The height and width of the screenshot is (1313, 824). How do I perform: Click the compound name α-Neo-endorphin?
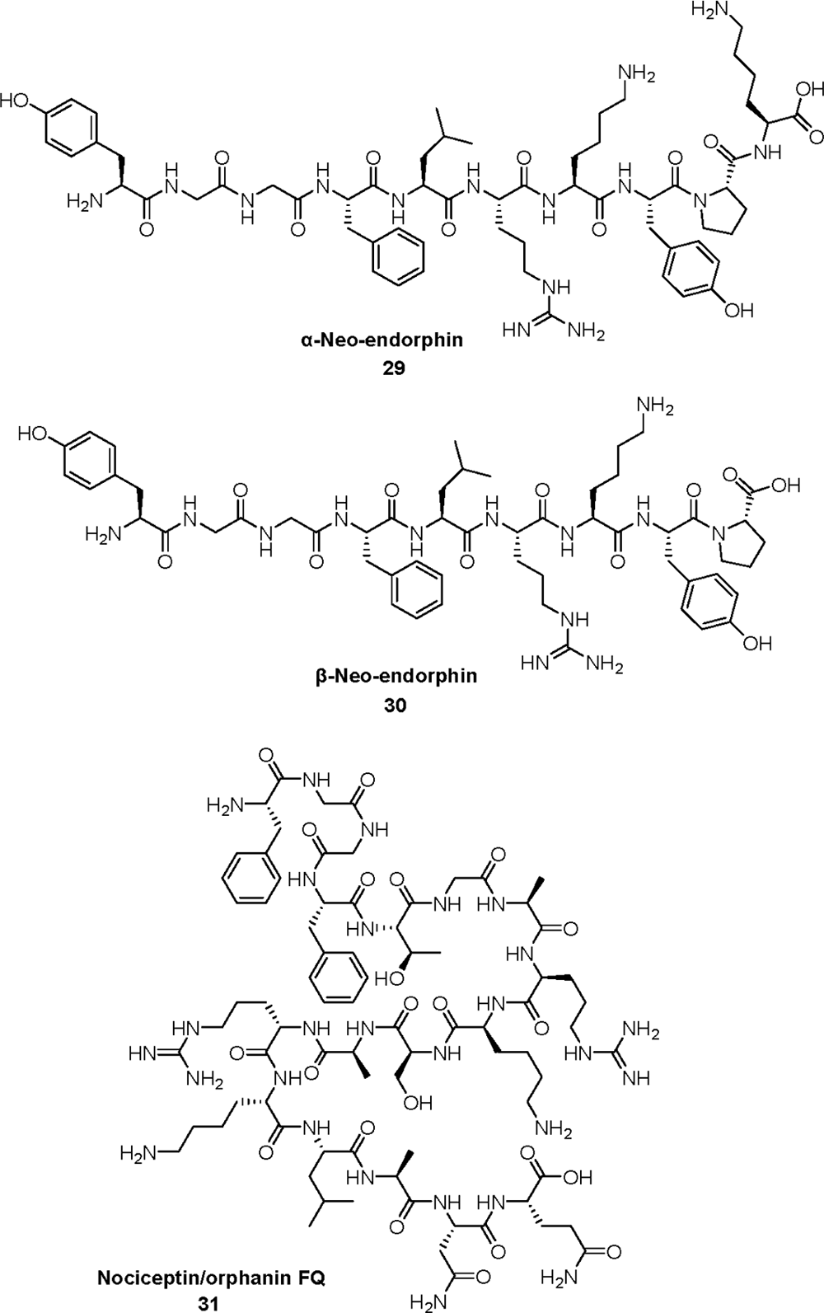click(393, 340)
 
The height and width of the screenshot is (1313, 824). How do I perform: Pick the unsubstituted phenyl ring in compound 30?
click(418, 591)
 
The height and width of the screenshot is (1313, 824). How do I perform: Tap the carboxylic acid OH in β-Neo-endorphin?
click(786, 485)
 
